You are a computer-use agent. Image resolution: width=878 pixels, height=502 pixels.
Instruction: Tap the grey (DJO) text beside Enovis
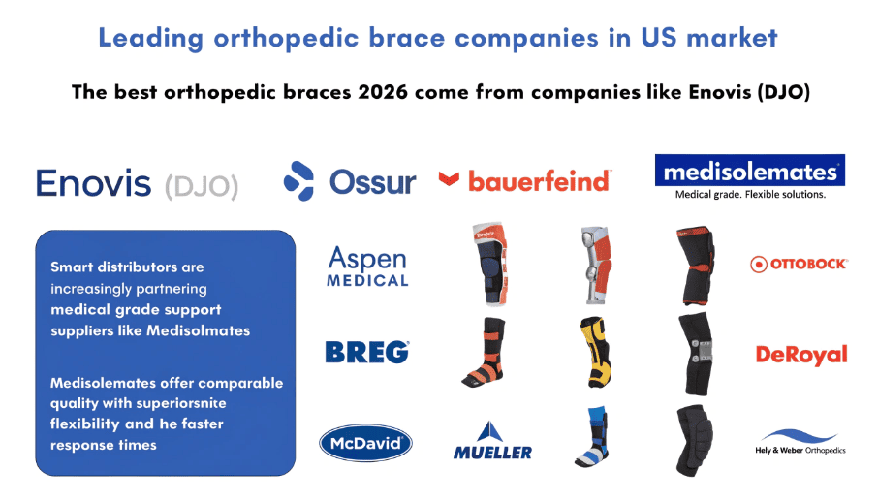(x=200, y=183)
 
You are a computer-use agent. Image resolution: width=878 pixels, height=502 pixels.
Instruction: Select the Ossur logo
(x=349, y=181)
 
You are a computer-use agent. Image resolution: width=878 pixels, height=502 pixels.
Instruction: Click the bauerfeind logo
(x=525, y=180)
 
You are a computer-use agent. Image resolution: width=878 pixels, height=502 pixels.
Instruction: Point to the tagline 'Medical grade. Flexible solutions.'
(x=749, y=194)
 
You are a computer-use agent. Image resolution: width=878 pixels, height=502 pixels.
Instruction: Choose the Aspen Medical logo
(x=367, y=266)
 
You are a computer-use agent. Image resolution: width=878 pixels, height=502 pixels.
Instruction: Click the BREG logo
(x=367, y=353)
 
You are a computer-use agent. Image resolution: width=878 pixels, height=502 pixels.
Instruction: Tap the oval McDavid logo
(x=366, y=445)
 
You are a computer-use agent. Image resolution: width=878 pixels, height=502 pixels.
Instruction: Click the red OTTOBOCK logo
(x=800, y=264)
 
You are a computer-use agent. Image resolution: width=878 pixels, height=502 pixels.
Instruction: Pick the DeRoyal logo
(x=800, y=355)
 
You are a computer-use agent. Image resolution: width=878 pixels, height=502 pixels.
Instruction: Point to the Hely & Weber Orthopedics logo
(x=800, y=442)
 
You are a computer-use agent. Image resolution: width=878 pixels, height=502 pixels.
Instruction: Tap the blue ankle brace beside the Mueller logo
(x=593, y=439)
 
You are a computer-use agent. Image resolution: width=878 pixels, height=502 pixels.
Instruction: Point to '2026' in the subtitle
(x=387, y=93)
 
